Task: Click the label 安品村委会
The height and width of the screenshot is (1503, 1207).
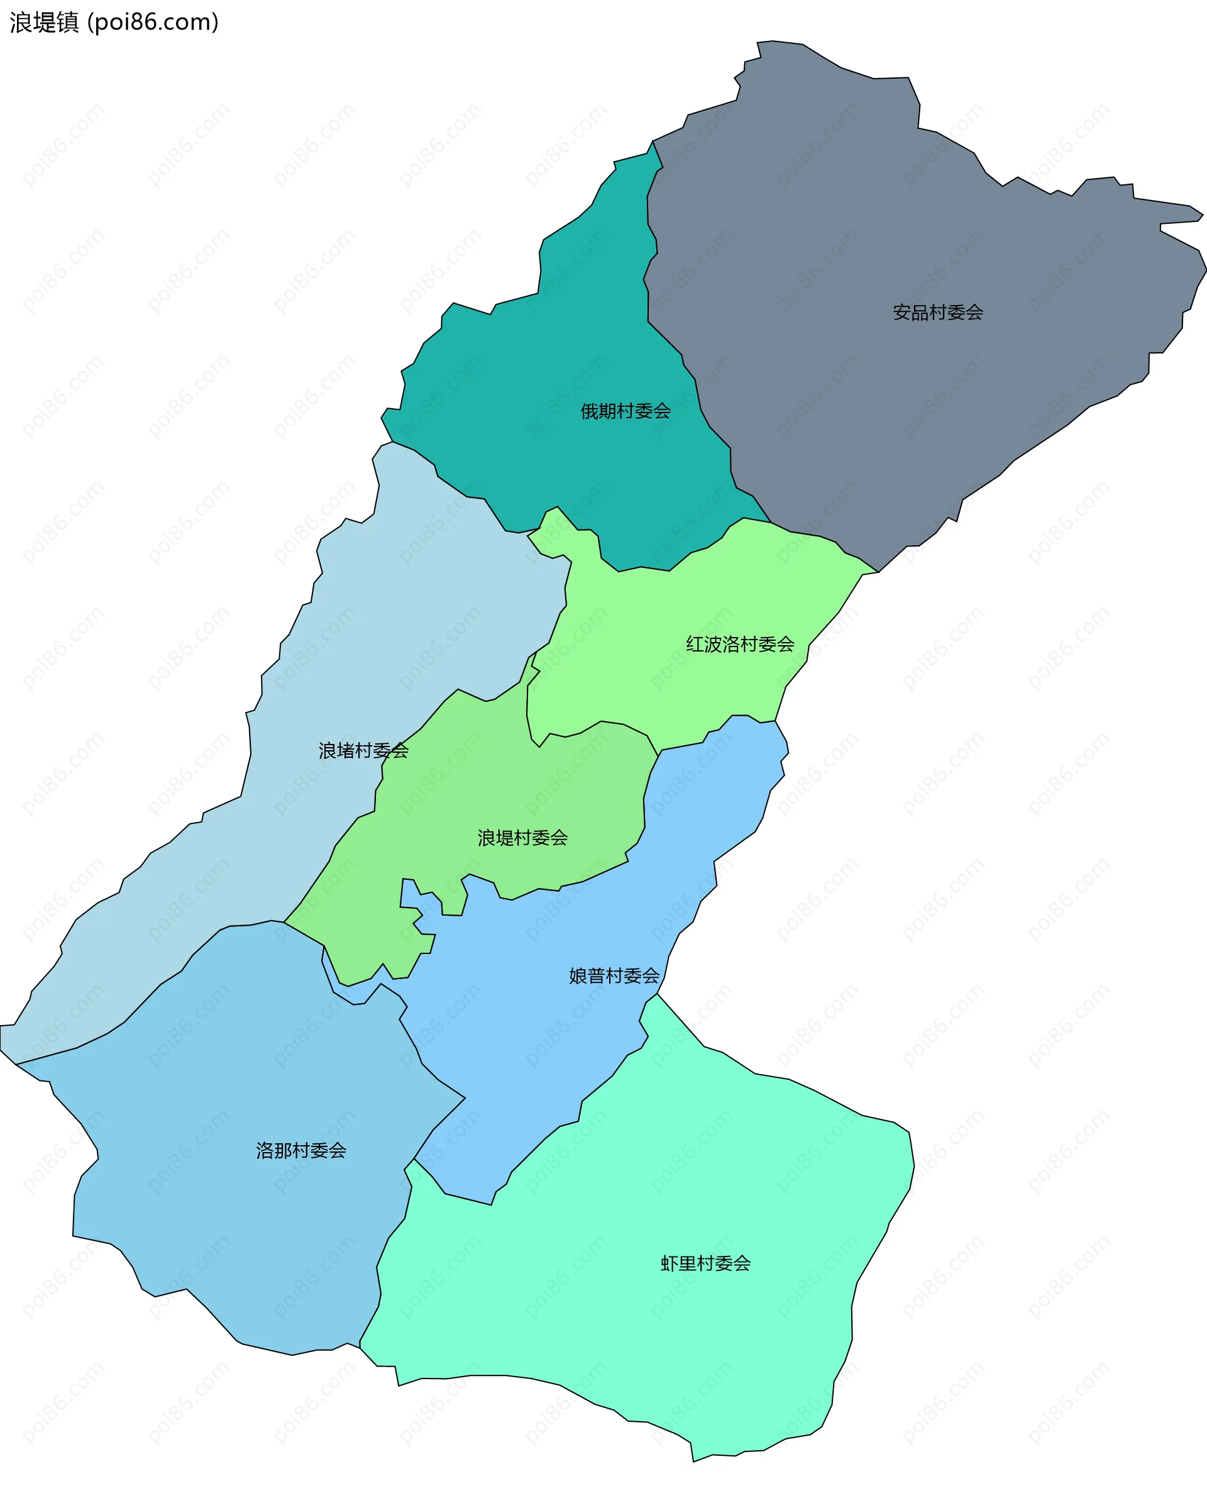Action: [x=937, y=313]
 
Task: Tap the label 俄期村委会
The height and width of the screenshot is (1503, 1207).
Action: [x=625, y=411]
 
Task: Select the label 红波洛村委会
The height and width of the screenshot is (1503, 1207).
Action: [x=739, y=644]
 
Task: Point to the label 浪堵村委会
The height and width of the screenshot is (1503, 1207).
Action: [x=363, y=751]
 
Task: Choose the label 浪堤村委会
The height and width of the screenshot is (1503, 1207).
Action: [x=522, y=838]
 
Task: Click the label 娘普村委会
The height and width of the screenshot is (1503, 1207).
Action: [x=614, y=976]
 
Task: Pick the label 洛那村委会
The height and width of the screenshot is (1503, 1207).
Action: [x=300, y=1150]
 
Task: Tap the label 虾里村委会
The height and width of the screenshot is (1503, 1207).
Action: [x=705, y=1264]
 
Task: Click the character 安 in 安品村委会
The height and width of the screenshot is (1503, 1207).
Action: [x=901, y=313]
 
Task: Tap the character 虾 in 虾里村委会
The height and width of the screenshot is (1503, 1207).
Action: [x=669, y=1264]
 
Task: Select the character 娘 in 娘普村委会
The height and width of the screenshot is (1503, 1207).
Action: [x=578, y=976]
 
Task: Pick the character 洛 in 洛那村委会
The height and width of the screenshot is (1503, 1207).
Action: [x=265, y=1150]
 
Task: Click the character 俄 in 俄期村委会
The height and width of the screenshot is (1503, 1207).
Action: [x=590, y=411]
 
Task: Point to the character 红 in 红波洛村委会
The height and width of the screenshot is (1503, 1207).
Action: [x=695, y=644]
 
